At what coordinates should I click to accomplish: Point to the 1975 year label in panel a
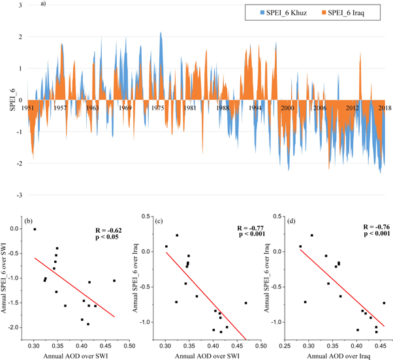158,107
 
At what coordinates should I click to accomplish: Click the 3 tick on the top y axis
21,6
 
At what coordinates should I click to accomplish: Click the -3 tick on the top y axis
20,195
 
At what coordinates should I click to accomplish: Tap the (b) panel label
29,222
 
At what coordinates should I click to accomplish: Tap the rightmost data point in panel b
114,280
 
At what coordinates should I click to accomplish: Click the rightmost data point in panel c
245,303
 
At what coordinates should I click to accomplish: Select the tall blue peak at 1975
161,33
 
